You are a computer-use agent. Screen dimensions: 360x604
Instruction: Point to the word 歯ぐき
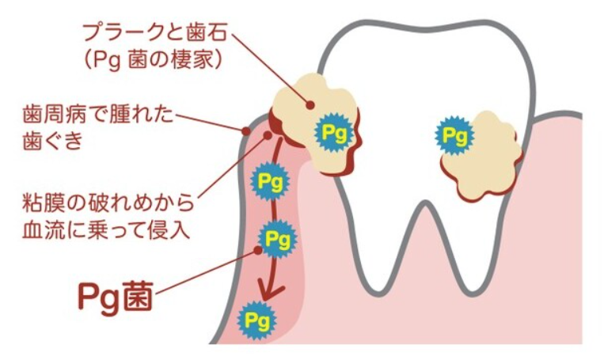click(x=53, y=142)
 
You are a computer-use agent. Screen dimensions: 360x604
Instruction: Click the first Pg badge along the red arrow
click(x=264, y=180)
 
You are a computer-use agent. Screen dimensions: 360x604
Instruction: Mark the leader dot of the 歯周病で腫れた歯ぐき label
click(x=244, y=128)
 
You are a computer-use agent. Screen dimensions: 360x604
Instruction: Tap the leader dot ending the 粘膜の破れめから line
click(x=268, y=136)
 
